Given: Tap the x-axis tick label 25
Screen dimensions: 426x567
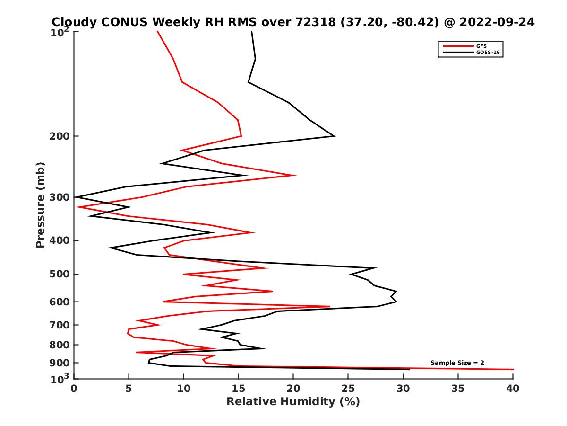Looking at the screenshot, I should (x=348, y=389).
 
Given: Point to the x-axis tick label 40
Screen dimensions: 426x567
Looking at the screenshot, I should (x=513, y=389).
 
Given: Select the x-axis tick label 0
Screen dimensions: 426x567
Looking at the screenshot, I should (x=74, y=389).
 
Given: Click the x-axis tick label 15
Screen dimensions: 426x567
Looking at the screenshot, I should (x=239, y=389).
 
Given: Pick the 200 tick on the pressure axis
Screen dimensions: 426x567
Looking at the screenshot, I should (x=60, y=136).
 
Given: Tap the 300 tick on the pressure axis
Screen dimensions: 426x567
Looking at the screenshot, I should (x=60, y=197).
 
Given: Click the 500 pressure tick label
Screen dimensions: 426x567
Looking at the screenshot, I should (x=60, y=274).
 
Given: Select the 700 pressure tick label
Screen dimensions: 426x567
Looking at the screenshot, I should (x=60, y=325).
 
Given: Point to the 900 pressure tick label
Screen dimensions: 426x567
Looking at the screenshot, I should (x=60, y=363).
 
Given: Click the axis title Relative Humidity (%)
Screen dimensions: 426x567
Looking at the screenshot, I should (x=293, y=402).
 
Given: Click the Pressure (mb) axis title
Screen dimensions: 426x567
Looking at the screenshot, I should (x=40, y=204).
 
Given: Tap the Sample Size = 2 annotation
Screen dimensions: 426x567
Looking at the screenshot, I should (x=457, y=363).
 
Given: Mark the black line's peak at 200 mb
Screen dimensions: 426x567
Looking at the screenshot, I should (x=335, y=136).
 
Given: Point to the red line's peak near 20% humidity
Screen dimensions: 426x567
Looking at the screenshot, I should (x=295, y=176).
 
